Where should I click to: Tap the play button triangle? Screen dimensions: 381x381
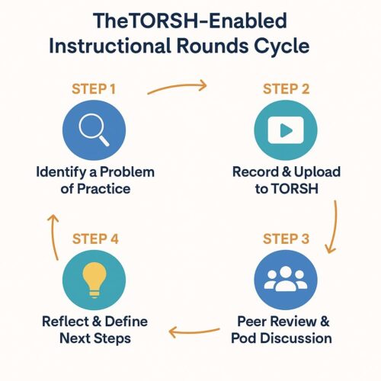point(287,130)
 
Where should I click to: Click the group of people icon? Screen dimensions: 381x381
point(286,279)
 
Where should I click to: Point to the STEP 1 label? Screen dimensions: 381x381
point(94,89)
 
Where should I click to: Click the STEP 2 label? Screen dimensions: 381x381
point(287,89)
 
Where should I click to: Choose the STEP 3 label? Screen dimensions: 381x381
point(287,239)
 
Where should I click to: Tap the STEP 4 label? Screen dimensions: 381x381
point(95,239)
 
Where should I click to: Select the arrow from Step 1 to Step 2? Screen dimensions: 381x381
point(178,86)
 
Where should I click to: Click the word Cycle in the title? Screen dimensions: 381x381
point(282,46)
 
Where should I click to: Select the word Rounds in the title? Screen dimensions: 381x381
point(213,46)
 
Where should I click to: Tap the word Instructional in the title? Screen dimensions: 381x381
point(110,46)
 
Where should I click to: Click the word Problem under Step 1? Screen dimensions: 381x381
point(127,172)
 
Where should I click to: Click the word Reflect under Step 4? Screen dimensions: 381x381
point(65,322)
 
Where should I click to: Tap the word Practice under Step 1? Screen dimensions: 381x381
point(104,189)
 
